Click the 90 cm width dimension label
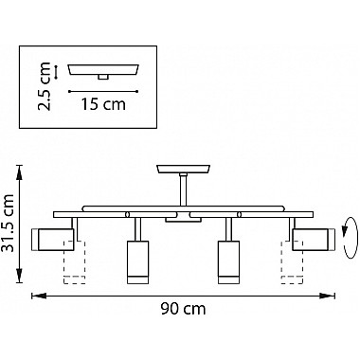pyautogui.click(x=183, y=309)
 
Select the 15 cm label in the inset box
pyautogui.click(x=103, y=104)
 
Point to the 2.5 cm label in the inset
pyautogui.click(x=44, y=86)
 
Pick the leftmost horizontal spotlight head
pyautogui.click(x=53, y=240)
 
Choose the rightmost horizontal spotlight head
pyautogui.click(x=314, y=240)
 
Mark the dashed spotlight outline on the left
pyautogui.click(x=75, y=261)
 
